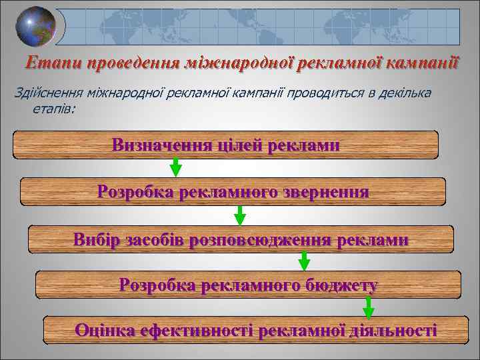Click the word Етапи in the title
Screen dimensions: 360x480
point(48,63)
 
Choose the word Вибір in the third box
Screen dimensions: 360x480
point(94,239)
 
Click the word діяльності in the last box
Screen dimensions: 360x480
point(393,329)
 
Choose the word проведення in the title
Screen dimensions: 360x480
point(125,63)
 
